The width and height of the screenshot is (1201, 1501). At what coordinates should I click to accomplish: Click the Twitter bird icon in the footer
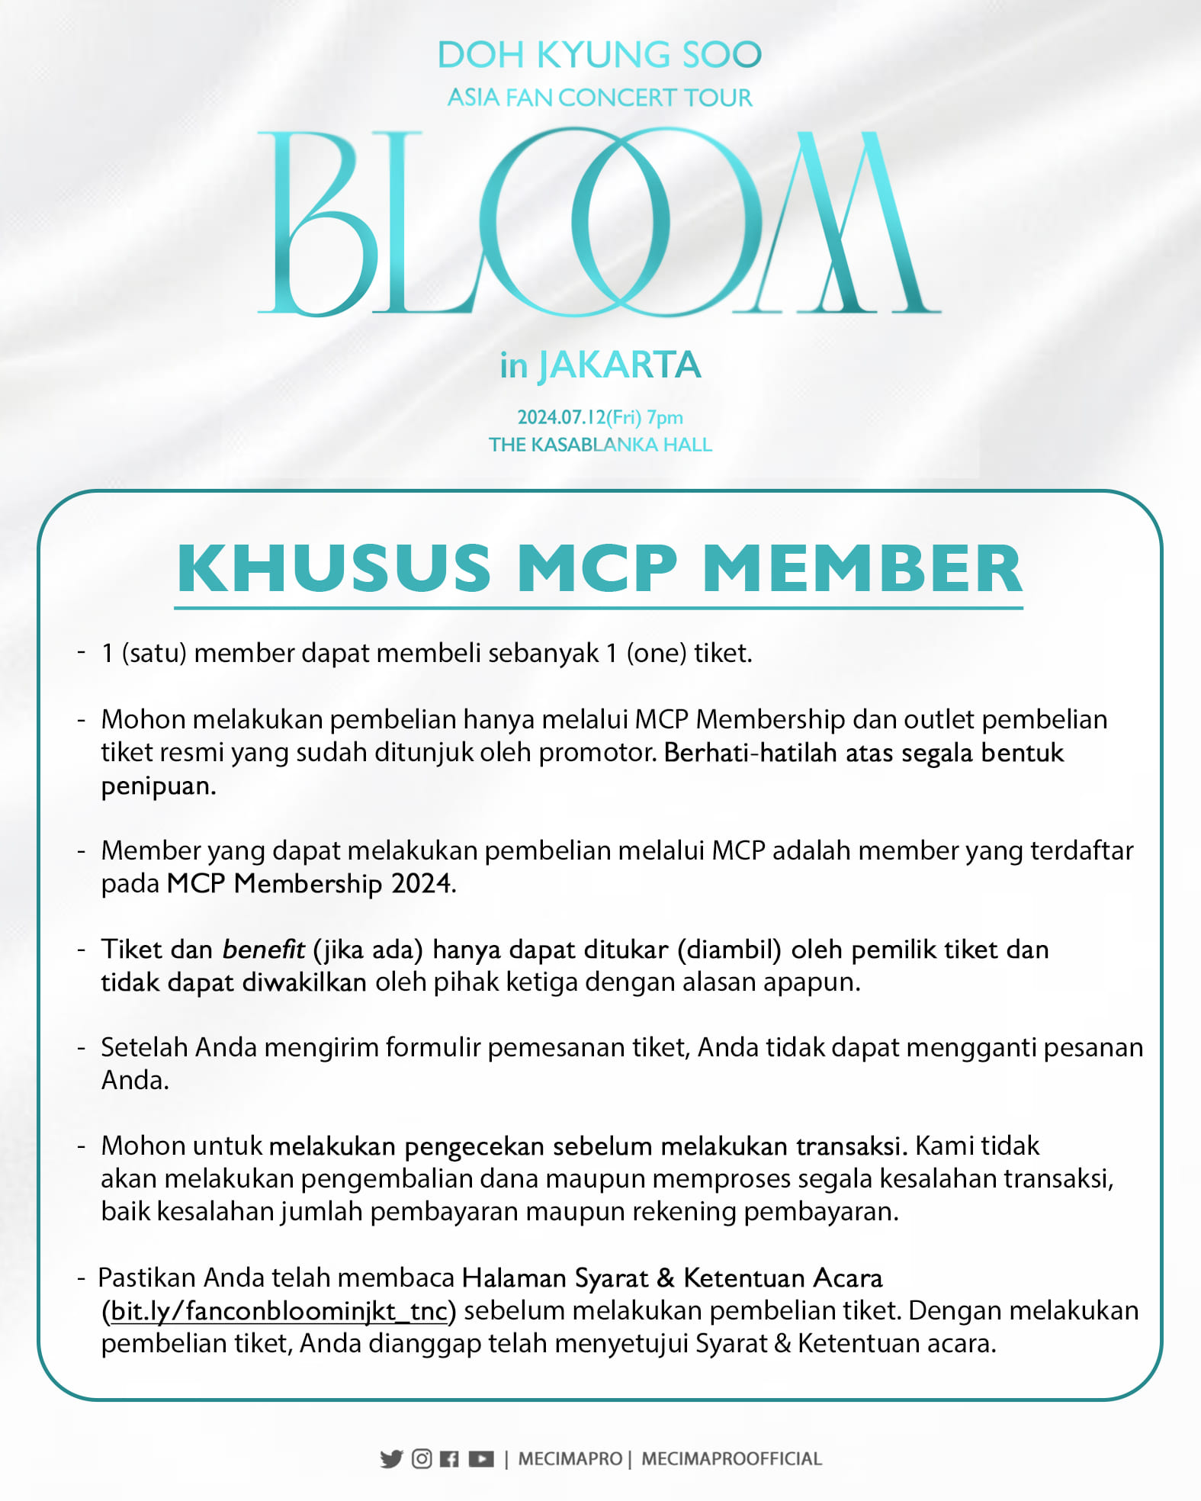(x=391, y=1458)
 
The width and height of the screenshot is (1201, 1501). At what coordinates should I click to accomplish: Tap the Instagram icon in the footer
(x=422, y=1458)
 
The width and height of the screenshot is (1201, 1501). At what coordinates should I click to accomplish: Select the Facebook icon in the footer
(x=450, y=1458)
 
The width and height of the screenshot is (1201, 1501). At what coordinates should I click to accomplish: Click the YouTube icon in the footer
(x=481, y=1458)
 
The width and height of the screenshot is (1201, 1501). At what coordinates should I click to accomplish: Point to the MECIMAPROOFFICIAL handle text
(x=731, y=1458)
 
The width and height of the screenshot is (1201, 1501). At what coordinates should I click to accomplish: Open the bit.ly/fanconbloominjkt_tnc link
(x=278, y=1310)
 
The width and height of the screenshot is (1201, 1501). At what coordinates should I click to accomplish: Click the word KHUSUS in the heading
(x=334, y=568)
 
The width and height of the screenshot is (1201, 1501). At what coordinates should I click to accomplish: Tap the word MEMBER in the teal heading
(x=862, y=568)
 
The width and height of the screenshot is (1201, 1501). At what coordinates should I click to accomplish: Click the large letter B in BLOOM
(x=320, y=223)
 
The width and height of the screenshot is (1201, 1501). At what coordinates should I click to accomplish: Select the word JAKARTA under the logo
(x=619, y=365)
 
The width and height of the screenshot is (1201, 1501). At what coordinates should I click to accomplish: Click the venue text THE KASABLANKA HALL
(x=600, y=445)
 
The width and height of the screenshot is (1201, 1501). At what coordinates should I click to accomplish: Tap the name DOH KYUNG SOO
(x=599, y=55)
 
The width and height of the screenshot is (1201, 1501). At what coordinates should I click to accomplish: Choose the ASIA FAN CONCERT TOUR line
(x=599, y=98)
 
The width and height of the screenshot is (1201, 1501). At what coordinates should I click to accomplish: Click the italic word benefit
(x=263, y=949)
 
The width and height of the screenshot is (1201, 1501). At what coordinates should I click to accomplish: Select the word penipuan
(x=159, y=786)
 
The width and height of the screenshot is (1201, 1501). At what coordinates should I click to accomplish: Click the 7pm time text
(x=664, y=417)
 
